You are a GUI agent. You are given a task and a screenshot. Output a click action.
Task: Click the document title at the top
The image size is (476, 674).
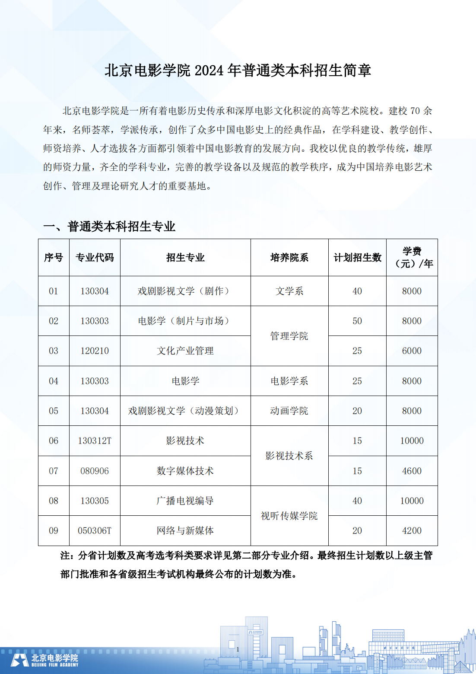click(238, 70)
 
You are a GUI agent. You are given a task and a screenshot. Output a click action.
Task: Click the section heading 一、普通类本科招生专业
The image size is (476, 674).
click(109, 226)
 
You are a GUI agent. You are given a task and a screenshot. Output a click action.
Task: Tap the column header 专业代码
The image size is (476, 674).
click(95, 258)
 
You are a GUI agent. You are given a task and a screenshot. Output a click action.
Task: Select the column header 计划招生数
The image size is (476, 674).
click(357, 258)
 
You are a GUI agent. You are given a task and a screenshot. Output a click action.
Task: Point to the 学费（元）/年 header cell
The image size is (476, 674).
click(412, 258)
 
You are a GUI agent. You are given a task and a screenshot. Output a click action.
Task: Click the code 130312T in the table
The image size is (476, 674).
click(95, 441)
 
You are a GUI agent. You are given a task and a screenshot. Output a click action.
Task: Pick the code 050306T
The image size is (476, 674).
click(95, 530)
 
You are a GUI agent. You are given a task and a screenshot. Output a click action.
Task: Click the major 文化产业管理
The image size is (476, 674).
click(185, 351)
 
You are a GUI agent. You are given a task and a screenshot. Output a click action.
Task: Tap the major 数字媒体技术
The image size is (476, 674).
click(185, 471)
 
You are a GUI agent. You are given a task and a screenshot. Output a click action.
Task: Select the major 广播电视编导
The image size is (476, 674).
click(185, 501)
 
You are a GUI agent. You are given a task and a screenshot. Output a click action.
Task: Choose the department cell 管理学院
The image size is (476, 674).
click(289, 336)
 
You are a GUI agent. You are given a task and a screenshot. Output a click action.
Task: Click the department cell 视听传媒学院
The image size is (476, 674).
click(289, 516)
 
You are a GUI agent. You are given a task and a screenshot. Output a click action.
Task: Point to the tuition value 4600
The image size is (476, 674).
click(412, 471)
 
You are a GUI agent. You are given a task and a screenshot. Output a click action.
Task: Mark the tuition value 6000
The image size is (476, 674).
click(412, 351)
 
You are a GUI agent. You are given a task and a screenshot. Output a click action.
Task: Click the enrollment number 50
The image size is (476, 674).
click(357, 321)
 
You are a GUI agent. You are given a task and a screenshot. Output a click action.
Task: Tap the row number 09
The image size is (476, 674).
click(54, 530)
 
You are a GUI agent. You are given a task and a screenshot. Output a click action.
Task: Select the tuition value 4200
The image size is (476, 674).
click(412, 530)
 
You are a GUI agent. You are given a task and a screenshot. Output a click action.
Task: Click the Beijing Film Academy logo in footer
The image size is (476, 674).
click(44, 660)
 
